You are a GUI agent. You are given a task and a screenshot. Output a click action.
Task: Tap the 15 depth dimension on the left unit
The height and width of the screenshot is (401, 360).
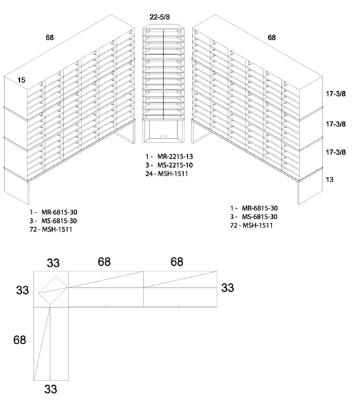pyautogui.click(x=21, y=80)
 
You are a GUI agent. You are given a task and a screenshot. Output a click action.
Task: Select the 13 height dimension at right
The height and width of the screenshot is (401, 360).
pyautogui.click(x=330, y=178)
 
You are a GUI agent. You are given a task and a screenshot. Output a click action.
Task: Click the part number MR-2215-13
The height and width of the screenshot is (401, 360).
pyautogui.click(x=167, y=157)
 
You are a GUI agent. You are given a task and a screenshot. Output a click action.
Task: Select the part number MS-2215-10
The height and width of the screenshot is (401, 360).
pyautogui.click(x=167, y=166)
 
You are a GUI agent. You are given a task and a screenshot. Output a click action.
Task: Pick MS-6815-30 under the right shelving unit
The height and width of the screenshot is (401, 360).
pyautogui.click(x=259, y=217)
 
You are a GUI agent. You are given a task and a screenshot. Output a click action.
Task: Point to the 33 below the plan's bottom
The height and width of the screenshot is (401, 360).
pyautogui.click(x=51, y=389)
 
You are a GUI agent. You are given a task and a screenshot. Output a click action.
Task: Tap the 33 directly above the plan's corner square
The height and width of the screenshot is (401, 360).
pyautogui.click(x=53, y=263)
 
